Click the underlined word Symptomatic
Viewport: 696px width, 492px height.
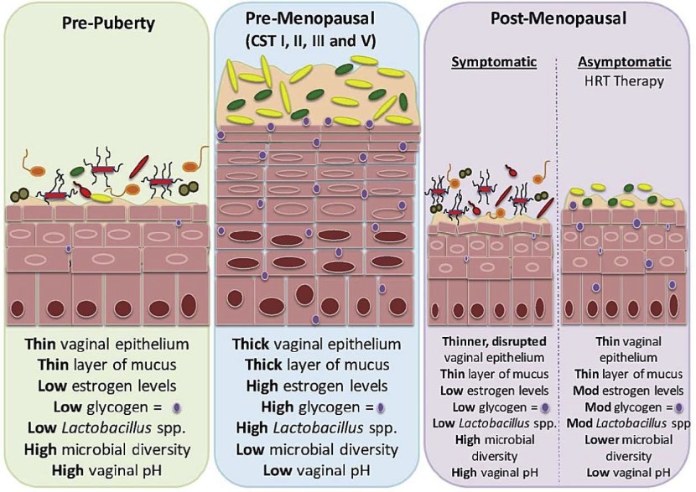pyautogui.click(x=488, y=63)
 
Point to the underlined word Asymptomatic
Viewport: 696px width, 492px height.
pyautogui.click(x=625, y=63)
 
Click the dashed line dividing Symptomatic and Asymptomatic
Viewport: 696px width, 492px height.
pyautogui.click(x=558, y=251)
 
